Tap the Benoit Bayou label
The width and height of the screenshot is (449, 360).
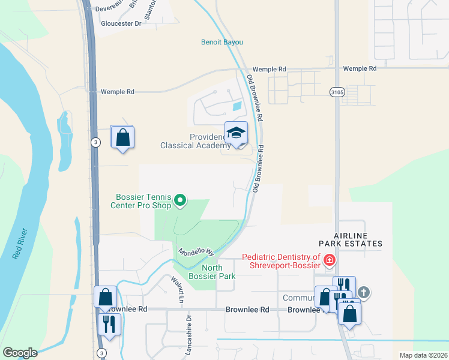[x=221, y=42]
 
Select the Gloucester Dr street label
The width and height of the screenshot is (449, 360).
[x=121, y=23]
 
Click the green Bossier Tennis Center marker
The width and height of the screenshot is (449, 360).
[x=179, y=201]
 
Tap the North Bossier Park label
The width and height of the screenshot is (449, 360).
[x=210, y=272]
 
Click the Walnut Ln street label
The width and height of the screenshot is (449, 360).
[x=176, y=289]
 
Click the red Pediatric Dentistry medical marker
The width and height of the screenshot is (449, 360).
[x=329, y=260]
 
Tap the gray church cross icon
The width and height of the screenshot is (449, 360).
[x=363, y=292]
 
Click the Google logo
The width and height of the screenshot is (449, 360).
[x=19, y=353]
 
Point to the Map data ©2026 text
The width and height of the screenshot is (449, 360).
[x=423, y=355]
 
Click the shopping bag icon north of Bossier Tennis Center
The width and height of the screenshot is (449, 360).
[x=122, y=137]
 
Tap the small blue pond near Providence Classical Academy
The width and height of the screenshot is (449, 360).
[x=237, y=107]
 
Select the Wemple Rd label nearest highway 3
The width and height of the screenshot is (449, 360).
[x=117, y=92]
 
